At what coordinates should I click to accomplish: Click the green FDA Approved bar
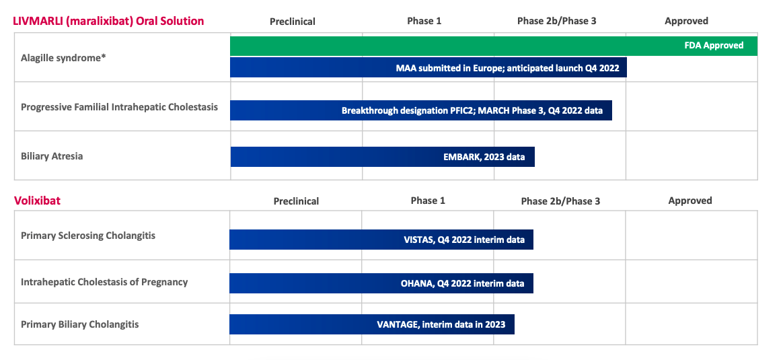pos(494,46)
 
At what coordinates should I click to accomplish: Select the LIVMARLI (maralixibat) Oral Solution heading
pos(108,21)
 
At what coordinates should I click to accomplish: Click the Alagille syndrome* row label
pos(64,58)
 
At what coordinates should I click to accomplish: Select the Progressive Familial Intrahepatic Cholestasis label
pos(119,107)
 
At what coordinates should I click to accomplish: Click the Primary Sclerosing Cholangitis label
pos(88,236)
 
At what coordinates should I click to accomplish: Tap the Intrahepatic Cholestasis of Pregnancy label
pos(104,282)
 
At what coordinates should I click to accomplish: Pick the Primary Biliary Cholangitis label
pos(80,324)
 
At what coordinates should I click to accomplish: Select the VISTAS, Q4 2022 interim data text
pos(463,240)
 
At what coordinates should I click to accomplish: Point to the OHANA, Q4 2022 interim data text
pos(462,283)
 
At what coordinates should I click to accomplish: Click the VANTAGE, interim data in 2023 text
pos(441,324)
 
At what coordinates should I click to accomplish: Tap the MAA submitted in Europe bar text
pos(507,68)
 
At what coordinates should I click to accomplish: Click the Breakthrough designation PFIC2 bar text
pos(472,110)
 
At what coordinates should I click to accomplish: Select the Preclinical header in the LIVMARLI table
pos(293,22)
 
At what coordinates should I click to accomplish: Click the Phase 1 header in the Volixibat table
pos(428,201)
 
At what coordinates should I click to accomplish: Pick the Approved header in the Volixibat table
pos(689,201)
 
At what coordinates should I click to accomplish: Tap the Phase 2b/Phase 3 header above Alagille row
pos(556,21)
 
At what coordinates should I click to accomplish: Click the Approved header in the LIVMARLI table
pos(686,21)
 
